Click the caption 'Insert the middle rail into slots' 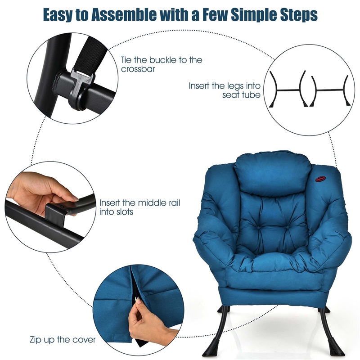[x=139, y=207]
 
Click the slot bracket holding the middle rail [x=58, y=210]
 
